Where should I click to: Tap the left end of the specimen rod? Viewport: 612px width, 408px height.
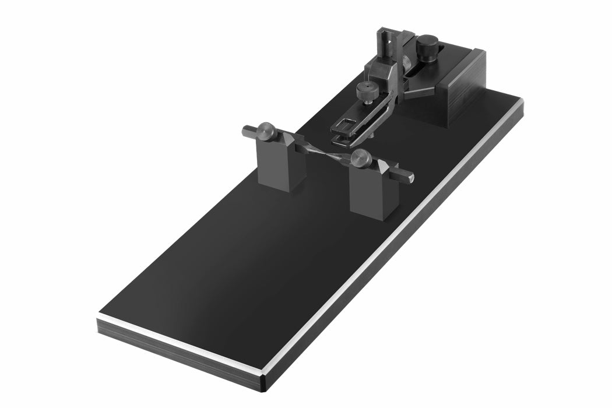248,131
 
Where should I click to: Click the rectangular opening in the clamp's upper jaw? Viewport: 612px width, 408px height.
344,124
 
